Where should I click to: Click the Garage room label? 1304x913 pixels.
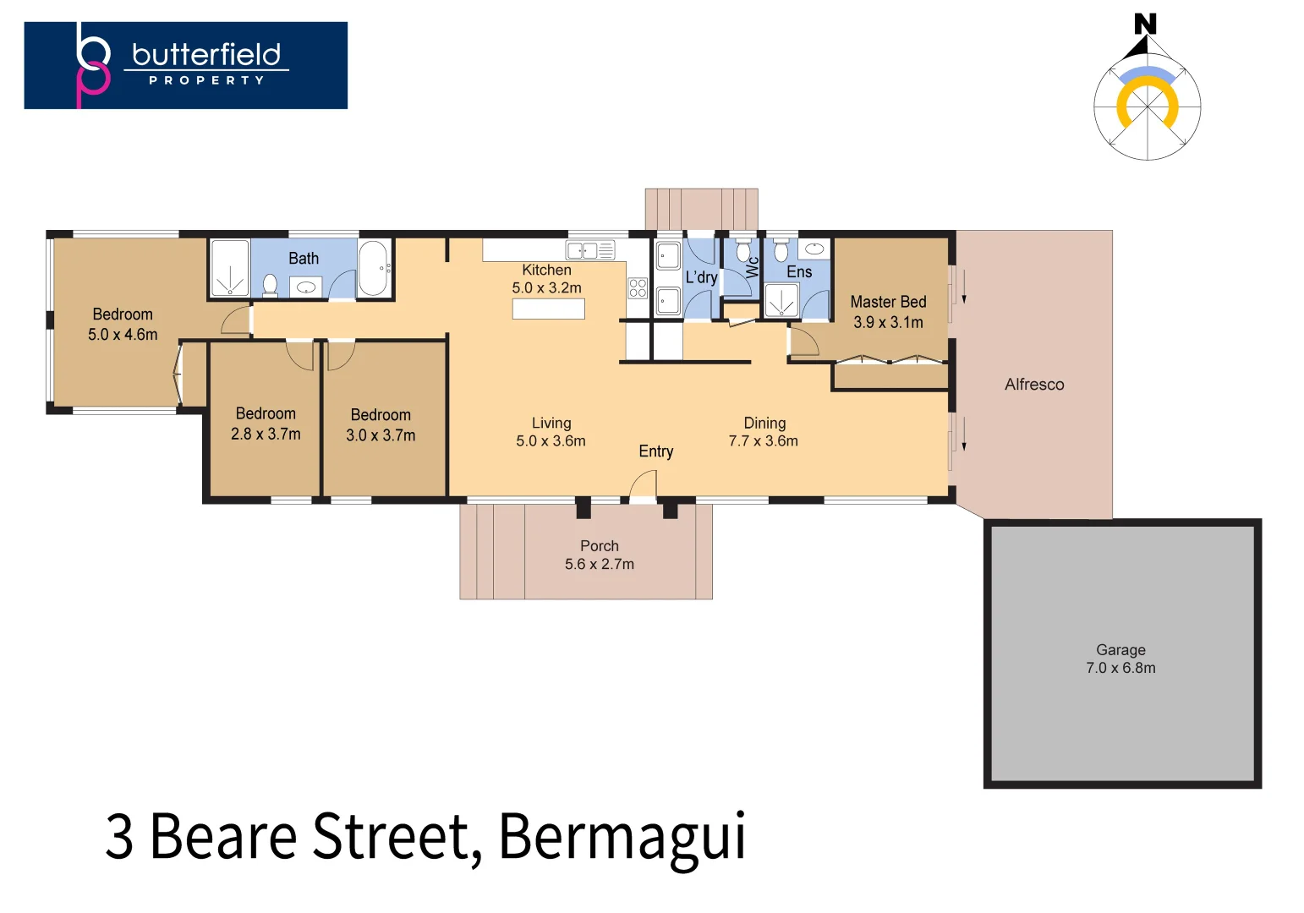coord(1120,659)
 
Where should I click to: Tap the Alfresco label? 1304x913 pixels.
coord(1033,385)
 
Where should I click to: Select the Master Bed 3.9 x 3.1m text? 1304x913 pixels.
coord(888,312)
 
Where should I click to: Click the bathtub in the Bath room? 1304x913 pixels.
coord(373,268)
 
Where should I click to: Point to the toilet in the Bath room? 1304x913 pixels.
coord(271,285)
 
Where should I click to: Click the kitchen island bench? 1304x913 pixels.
coord(548,309)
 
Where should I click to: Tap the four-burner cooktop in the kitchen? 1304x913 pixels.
coord(638,288)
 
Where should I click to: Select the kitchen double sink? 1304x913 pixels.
coord(590,250)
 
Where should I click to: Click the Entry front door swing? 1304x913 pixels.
coord(644,487)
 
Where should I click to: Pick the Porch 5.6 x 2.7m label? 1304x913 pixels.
coord(599,555)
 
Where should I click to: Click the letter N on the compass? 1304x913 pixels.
coord(1145,24)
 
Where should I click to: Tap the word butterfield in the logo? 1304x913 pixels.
coord(206,55)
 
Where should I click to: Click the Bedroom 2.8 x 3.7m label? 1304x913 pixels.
coord(266,424)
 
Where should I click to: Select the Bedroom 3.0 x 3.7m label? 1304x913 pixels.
coord(381,425)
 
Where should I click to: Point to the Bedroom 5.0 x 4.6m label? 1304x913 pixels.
coord(123,324)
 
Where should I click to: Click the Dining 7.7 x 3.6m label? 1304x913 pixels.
coord(764,431)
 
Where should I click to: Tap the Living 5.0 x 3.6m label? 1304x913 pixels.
coord(551,431)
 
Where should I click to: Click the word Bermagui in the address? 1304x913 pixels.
coord(622,836)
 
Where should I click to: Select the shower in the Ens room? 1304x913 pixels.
coord(781,301)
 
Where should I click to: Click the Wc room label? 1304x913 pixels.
coord(752,267)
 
